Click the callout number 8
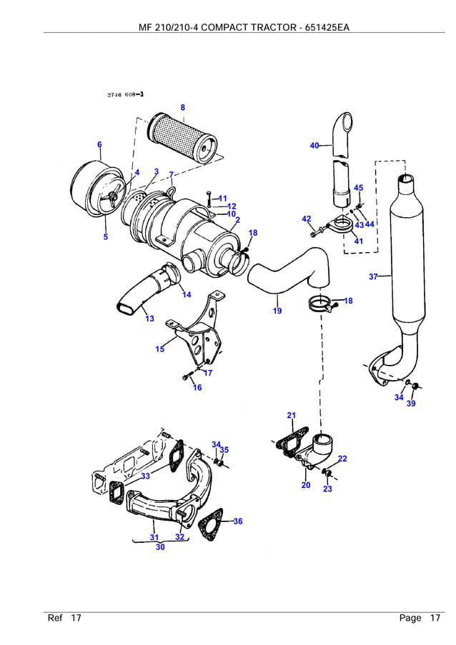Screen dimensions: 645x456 (182, 108)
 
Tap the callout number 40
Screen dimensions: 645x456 (314, 146)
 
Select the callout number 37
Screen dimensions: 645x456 (373, 276)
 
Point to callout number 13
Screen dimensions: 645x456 (149, 319)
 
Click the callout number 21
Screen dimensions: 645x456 (291, 416)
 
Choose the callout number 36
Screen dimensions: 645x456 (238, 521)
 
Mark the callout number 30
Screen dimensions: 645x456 (160, 547)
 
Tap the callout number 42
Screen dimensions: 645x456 (306, 219)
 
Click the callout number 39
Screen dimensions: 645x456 (411, 404)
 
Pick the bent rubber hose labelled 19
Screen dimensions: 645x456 (289, 275)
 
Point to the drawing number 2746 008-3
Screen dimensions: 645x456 (125, 95)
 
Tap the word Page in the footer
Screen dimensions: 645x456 (410, 618)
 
